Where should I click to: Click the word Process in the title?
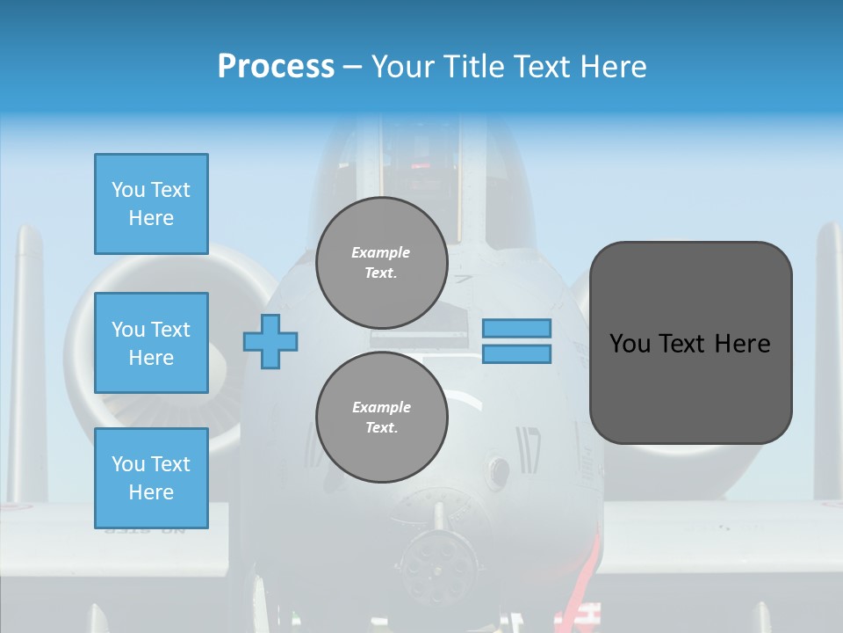pos(276,67)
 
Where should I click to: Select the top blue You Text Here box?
pos(151,204)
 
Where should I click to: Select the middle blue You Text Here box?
pos(151,343)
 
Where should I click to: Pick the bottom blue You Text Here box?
pos(151,478)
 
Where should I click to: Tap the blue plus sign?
pos(270,341)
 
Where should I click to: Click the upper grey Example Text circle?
pos(381,262)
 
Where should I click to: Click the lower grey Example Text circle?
pos(381,417)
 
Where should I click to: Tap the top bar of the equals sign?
pos(516,328)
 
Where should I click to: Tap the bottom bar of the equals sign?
pos(516,354)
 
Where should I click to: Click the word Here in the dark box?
pos(742,344)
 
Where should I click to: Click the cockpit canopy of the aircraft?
pos(421,167)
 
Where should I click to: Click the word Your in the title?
pos(404,67)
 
